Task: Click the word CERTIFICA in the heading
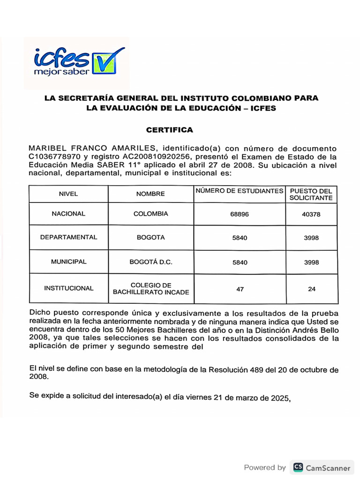tap(169, 129)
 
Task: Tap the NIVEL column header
tap(68, 194)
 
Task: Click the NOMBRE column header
tap(150, 194)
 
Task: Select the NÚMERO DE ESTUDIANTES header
tap(239, 191)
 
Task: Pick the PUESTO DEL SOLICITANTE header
tap(311, 194)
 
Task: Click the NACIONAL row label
tap(68, 214)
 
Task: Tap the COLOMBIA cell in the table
tap(150, 214)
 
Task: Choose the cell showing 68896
tap(240, 214)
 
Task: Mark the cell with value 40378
tap(311, 214)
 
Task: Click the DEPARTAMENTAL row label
tap(68, 237)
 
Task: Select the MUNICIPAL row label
tap(68, 262)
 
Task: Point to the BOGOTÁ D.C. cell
tap(150, 262)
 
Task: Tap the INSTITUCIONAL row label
tap(68, 288)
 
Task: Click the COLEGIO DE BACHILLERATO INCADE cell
tap(150, 289)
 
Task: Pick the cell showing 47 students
tap(240, 289)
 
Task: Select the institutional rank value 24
tap(311, 289)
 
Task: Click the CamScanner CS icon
tap(298, 467)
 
